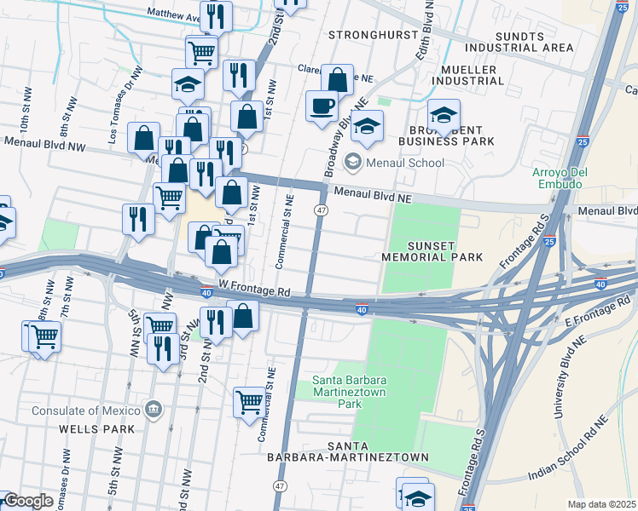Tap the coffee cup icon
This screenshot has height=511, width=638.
coord(322,106)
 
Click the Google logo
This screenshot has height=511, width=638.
coord(28,501)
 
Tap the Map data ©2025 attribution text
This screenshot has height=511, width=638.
coord(601,504)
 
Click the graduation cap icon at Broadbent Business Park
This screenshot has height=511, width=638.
coord(444,114)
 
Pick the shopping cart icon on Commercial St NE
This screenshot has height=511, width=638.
coord(250,399)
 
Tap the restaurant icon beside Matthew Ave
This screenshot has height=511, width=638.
coord(217,14)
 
